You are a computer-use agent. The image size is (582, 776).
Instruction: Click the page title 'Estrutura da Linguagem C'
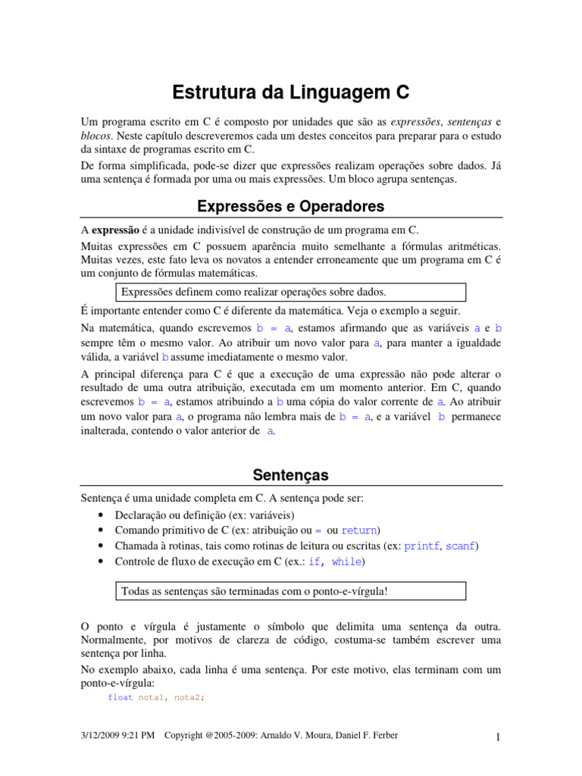pos(291,92)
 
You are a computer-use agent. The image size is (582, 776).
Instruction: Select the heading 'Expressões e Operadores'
pos(291,206)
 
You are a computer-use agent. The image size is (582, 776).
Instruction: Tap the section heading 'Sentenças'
pos(291,475)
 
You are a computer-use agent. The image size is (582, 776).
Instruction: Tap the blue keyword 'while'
pos(347,562)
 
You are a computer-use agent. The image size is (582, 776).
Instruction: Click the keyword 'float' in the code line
pos(120,697)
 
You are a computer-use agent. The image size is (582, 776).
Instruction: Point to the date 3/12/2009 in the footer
pos(103,735)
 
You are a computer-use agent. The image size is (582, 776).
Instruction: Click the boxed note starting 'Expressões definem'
pos(292,292)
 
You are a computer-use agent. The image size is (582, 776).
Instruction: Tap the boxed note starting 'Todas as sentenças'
pos(292,591)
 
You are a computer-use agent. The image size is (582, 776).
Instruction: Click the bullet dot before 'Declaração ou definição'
pos(102,515)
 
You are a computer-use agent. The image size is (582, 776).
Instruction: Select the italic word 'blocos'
pos(95,136)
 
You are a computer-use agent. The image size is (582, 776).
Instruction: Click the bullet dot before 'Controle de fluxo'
pos(102,562)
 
